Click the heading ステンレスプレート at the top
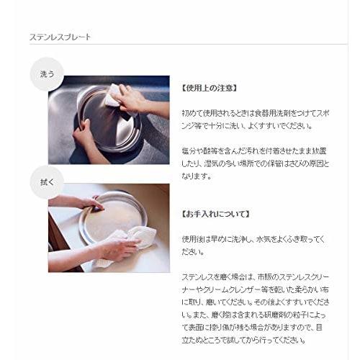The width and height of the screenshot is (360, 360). [x=60, y=36]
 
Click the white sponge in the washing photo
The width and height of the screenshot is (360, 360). [x=113, y=95]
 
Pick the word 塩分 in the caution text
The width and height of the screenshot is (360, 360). [x=188, y=150]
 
